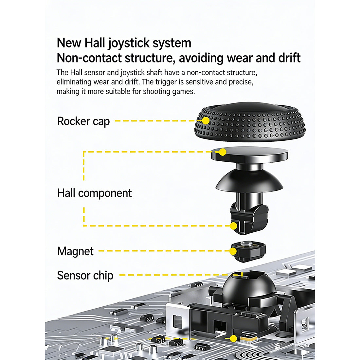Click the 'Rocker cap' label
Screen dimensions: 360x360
(83, 121)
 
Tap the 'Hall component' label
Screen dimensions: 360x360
(94, 193)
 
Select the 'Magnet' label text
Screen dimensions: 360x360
(75, 251)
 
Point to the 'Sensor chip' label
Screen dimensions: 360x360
(85, 275)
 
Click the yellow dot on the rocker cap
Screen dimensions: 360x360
(206, 120)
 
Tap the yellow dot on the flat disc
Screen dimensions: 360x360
(223, 152)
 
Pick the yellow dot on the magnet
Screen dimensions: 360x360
(233, 251)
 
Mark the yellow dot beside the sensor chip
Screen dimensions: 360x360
(233, 338)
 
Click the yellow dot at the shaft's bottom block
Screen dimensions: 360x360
(233, 226)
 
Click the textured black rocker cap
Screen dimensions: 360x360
(250, 122)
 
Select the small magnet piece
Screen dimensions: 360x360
(249, 251)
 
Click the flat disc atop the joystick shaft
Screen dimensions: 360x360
(250, 153)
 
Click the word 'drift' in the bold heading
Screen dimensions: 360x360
(289, 58)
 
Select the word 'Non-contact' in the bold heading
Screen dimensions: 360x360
(89, 58)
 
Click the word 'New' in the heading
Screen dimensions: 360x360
(69, 43)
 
